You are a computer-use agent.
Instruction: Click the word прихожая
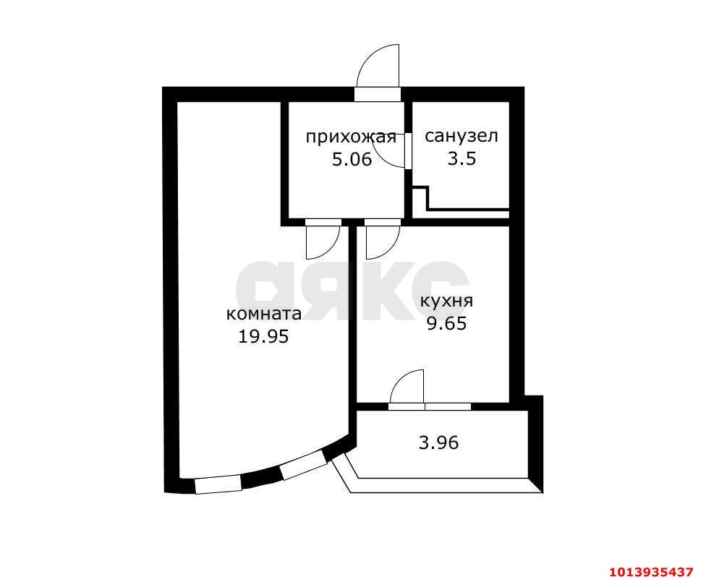pos(351,137)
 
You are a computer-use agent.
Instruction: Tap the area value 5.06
pos(352,159)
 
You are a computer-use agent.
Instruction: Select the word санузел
pos(462,136)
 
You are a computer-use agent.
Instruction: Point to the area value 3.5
pos(462,158)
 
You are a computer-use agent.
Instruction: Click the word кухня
pos(446,301)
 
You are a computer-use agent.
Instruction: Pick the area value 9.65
pos(446,323)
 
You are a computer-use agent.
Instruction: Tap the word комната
pos(264,314)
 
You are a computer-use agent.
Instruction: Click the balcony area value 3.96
pos(439,442)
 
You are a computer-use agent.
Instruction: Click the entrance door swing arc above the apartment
pos(378,67)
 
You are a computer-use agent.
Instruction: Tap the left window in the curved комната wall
pos(218,484)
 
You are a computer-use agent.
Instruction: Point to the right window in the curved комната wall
pos(302,466)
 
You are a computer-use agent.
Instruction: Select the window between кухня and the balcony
pos(447,406)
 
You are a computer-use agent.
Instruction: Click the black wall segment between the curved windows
pos(260,478)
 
